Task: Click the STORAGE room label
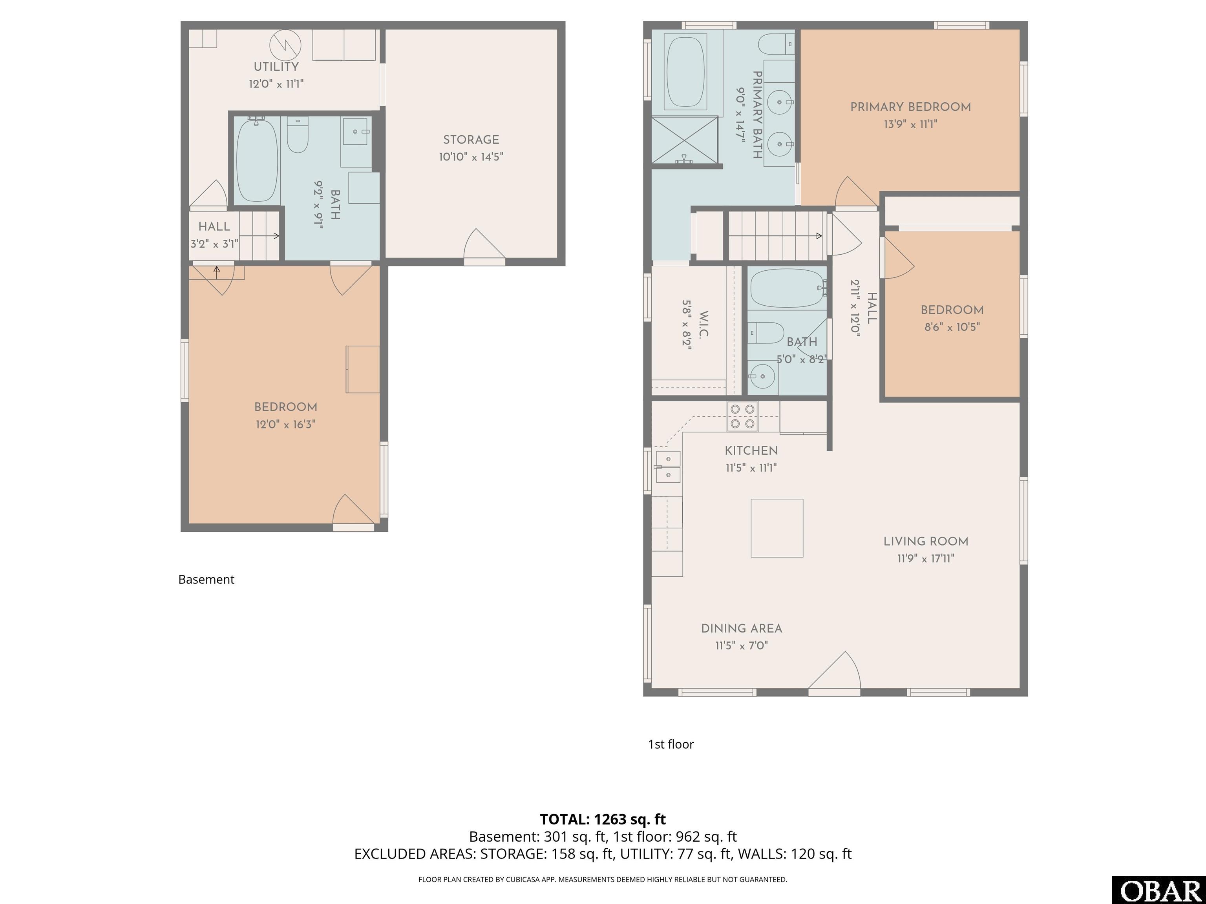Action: (471, 140)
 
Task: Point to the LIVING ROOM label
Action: (926, 541)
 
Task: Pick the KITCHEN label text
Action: (751, 451)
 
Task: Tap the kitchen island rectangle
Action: (777, 528)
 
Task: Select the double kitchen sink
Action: (668, 467)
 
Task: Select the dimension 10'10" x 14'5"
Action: (471, 157)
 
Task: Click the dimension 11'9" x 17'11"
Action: (926, 559)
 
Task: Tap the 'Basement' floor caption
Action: (206, 579)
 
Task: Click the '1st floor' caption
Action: (671, 744)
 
